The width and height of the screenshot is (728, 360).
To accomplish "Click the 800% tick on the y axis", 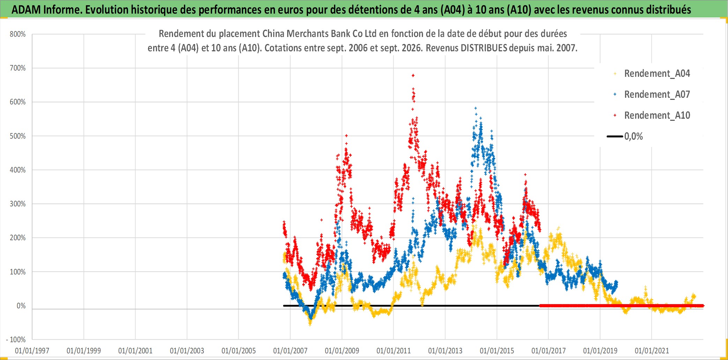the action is (17, 34).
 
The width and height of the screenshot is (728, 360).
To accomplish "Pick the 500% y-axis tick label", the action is (17, 136).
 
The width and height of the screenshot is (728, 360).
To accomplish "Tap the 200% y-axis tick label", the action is (17, 238).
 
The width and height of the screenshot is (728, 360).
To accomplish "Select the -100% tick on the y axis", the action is (16, 339).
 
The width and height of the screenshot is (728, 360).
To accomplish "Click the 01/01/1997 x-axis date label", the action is (32, 351).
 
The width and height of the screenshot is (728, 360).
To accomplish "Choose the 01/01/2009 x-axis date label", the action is (342, 351).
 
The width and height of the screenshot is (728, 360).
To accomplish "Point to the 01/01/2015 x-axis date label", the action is (497, 351).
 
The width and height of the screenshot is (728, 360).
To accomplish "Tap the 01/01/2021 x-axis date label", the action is (652, 351).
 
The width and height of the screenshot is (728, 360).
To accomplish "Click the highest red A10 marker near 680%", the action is (413, 75).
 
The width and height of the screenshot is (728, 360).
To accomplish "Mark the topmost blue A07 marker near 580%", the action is (475, 108).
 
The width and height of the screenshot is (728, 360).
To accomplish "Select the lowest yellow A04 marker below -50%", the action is (310, 324).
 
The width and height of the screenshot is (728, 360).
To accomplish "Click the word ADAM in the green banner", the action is (26, 10).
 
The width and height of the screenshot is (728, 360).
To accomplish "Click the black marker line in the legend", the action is (615, 136).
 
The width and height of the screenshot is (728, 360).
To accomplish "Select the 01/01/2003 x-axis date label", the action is (187, 351).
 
